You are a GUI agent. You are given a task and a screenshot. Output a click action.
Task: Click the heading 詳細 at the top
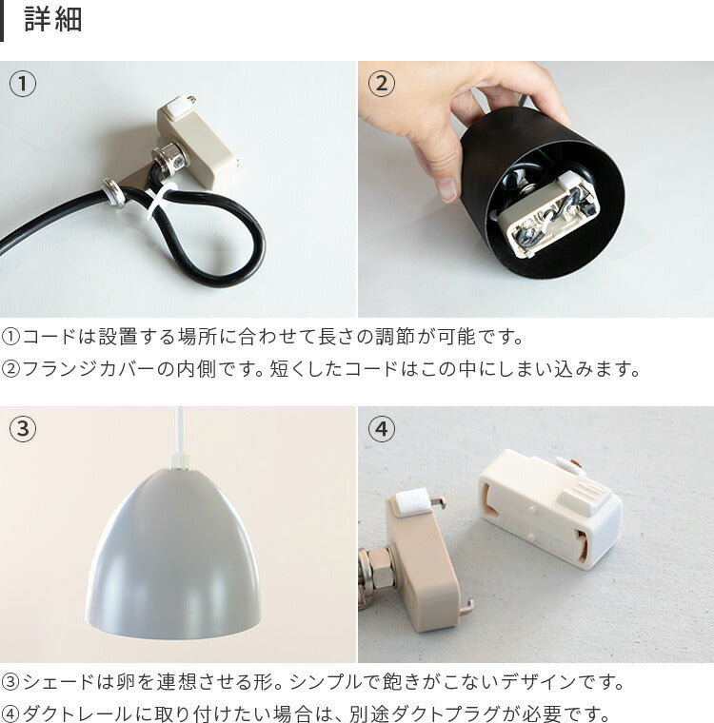53,20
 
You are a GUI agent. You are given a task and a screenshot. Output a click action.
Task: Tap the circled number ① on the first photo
22,84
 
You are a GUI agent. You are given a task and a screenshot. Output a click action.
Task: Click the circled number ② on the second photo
381,84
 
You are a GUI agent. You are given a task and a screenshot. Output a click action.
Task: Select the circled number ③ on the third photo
22,429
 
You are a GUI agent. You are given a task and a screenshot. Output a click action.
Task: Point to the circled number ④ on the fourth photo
381,429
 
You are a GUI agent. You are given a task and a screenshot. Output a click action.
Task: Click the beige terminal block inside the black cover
547,213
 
